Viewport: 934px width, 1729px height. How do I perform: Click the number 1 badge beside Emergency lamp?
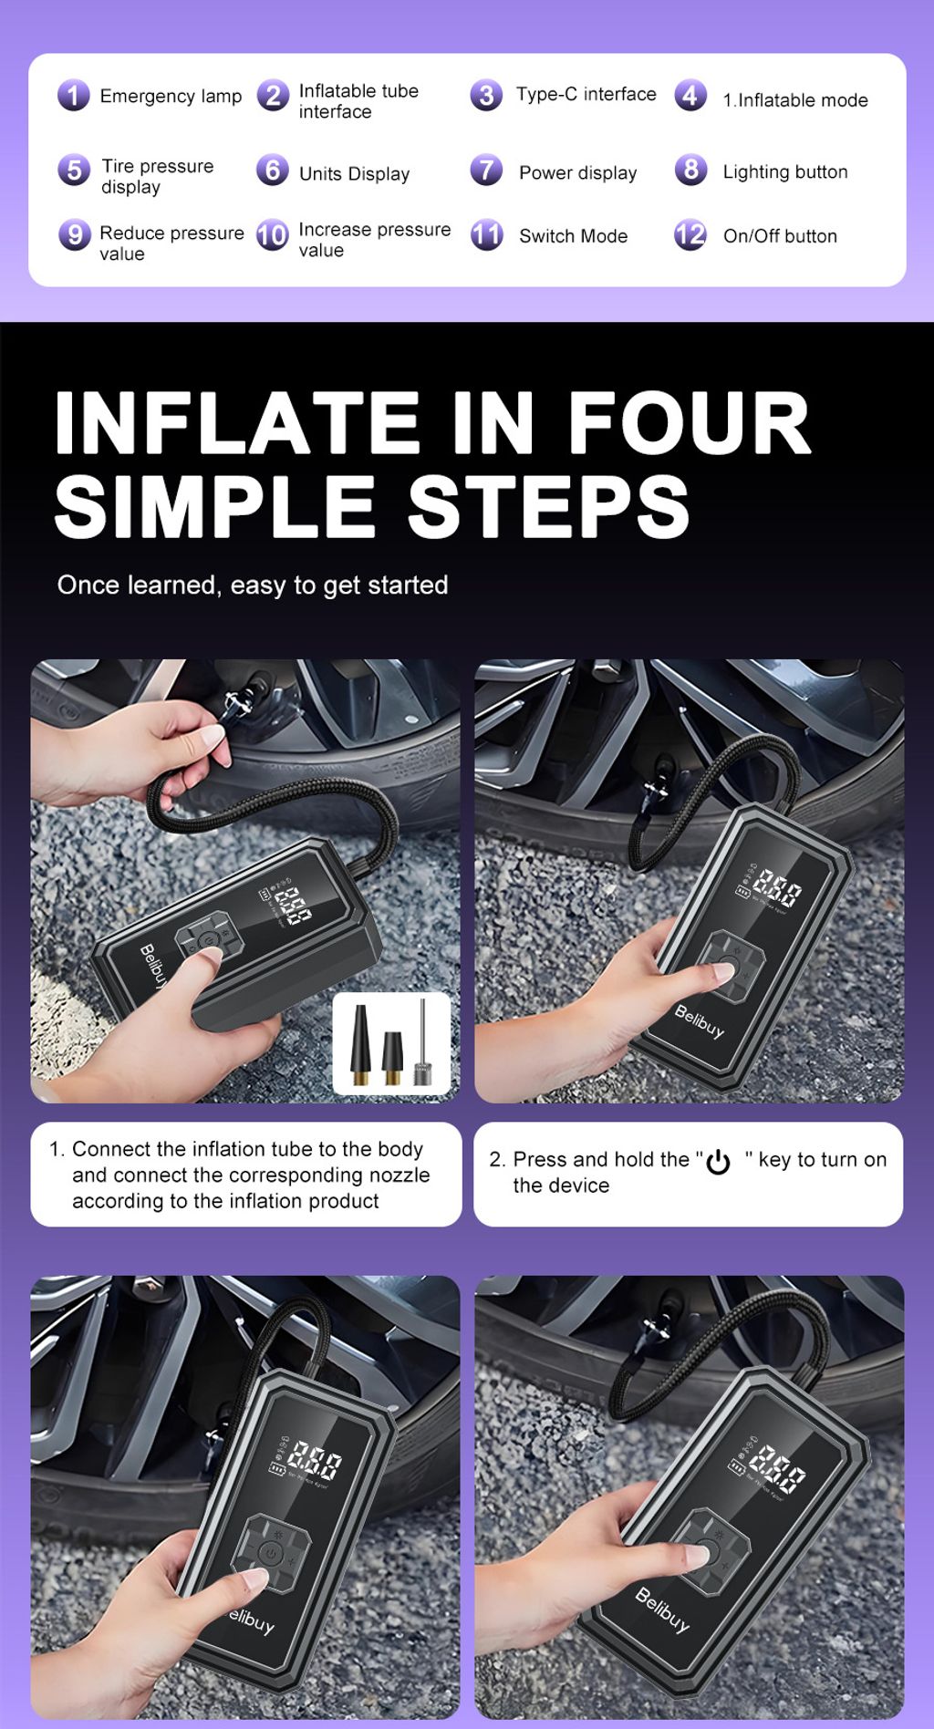[74, 95]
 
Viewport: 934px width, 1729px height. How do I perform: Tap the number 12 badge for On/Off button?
[690, 235]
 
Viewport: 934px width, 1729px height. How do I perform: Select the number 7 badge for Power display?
[486, 171]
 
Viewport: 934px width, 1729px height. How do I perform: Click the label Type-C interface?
[586, 94]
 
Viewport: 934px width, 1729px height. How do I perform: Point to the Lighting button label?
[784, 171]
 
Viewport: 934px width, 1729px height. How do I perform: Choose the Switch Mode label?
[573, 235]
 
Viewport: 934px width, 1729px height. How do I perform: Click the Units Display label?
[354, 173]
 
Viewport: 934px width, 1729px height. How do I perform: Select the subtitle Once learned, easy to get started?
[253, 585]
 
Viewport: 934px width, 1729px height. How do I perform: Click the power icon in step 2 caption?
[719, 1161]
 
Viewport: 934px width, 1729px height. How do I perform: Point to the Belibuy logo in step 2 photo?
[699, 1021]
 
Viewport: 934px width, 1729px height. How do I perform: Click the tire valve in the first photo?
[239, 699]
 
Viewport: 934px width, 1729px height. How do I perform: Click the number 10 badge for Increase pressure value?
[272, 235]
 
